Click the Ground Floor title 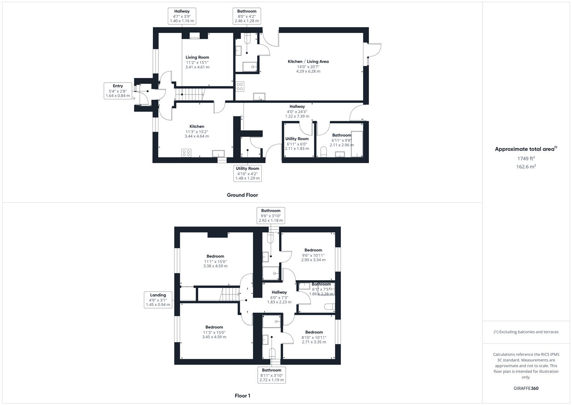(242, 195)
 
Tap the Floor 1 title (242, 396)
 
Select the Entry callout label (118, 91)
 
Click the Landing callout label (158, 300)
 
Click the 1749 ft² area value (526, 159)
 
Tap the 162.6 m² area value (526, 167)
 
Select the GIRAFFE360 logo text (526, 388)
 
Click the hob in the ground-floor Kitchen (186, 153)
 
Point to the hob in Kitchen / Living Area (240, 87)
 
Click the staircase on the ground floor (191, 94)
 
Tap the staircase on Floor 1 (230, 294)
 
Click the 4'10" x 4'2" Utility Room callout (247, 173)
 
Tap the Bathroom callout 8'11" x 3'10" (272, 375)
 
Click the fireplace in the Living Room (195, 36)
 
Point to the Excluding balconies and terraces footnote (526, 332)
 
